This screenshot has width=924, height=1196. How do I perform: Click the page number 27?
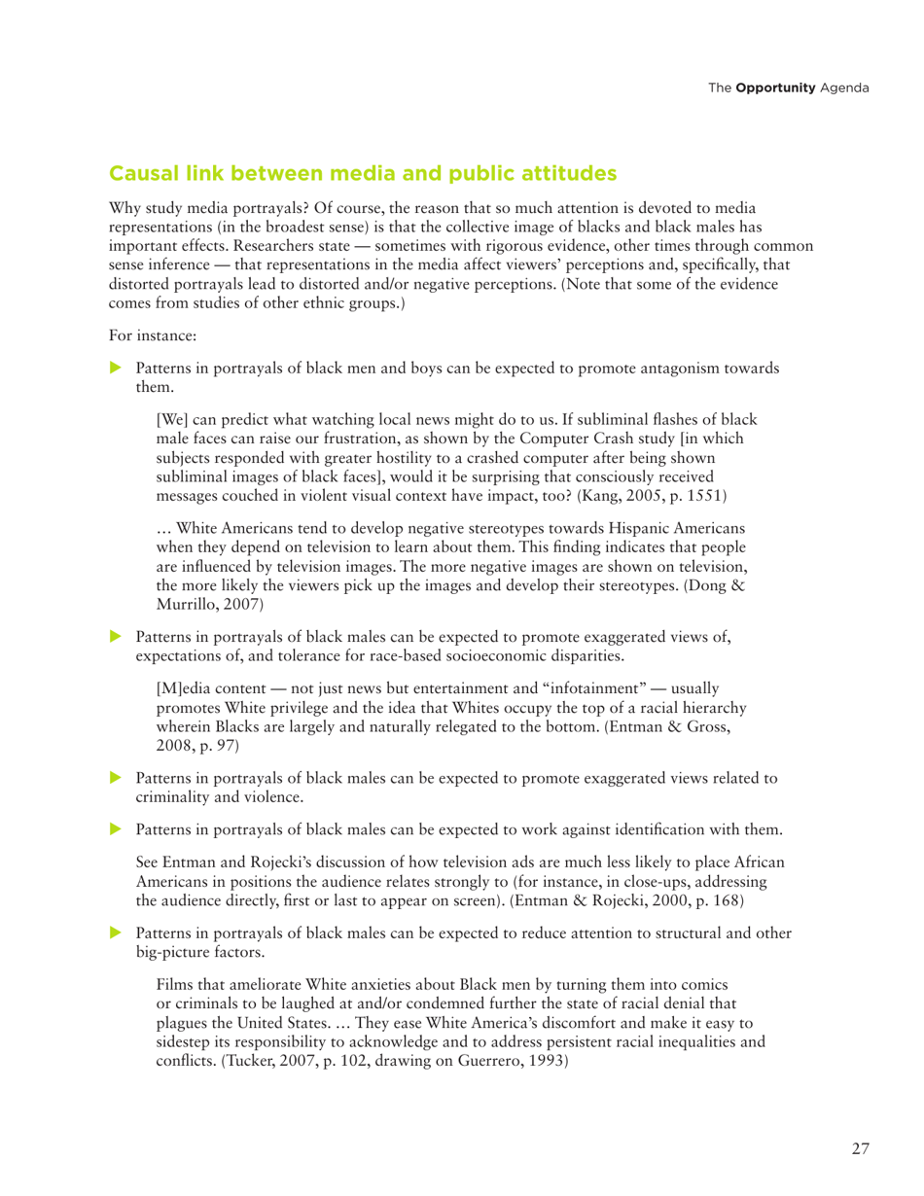pos(860,1147)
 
